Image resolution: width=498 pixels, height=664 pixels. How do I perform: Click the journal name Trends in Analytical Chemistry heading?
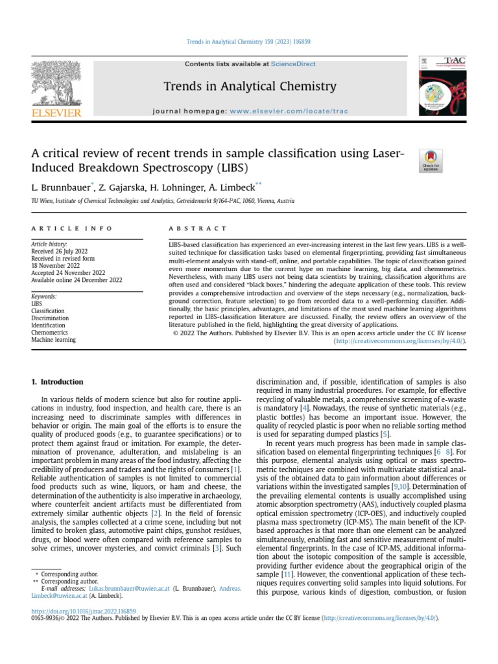pos(250,86)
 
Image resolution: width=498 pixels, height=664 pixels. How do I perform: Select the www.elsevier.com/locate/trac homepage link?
pos(289,112)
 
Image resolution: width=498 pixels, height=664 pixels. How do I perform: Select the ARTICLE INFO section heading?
pos(72,229)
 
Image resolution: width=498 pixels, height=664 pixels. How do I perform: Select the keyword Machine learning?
pos(54,339)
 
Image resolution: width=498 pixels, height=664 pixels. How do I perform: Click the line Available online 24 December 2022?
pos(77,279)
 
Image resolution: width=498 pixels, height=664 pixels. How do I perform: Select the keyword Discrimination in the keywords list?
pos(50,318)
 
